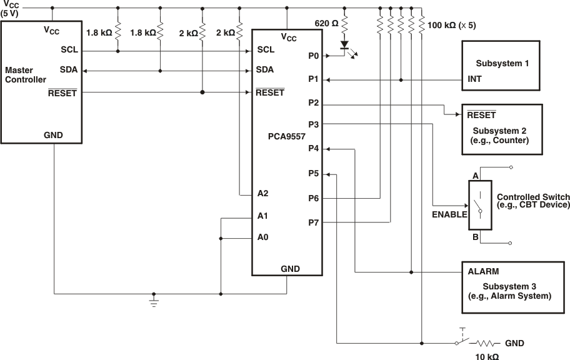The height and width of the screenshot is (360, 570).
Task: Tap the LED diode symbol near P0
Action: [x=344, y=46]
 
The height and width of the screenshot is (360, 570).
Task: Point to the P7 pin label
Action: [x=314, y=222]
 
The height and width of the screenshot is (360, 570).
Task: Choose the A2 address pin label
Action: [x=262, y=193]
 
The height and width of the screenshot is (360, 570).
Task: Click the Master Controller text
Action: [x=26, y=75]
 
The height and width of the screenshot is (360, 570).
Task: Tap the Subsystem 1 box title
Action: [x=502, y=64]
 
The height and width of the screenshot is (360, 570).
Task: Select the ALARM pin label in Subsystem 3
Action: [x=482, y=272]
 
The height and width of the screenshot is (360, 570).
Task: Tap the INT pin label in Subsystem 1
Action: [x=474, y=80]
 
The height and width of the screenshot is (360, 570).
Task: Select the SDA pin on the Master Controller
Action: [x=69, y=70]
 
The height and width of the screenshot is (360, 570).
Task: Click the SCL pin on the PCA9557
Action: [x=266, y=49]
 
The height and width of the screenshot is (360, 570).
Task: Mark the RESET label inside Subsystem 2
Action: [x=481, y=116]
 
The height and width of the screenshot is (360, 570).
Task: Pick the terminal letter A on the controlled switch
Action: [x=476, y=176]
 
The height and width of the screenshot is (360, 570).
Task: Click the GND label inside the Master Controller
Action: [x=53, y=135]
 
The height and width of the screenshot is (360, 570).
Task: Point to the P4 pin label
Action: [x=314, y=148]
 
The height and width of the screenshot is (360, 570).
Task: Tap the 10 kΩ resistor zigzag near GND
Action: [x=488, y=343]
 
